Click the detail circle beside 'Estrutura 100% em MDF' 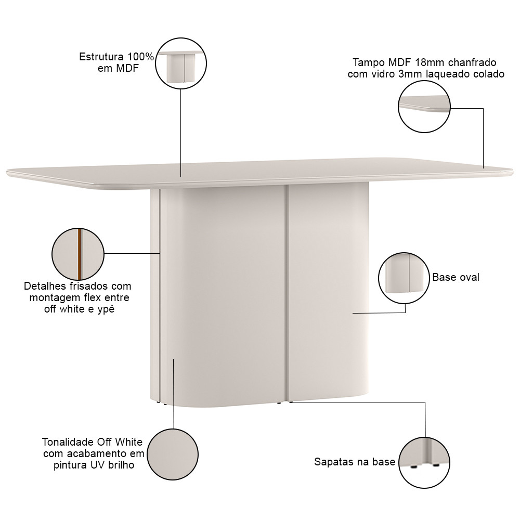(x=181, y=63)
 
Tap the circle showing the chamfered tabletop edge (x=424, y=107)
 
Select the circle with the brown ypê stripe (x=78, y=254)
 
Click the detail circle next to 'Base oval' (x=404, y=278)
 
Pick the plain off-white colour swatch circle (x=173, y=454)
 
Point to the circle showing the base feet (x=424, y=463)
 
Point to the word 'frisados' (x=89, y=286)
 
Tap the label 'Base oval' (x=456, y=277)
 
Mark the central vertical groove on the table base (x=286, y=293)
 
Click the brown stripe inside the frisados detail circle (x=80, y=254)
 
